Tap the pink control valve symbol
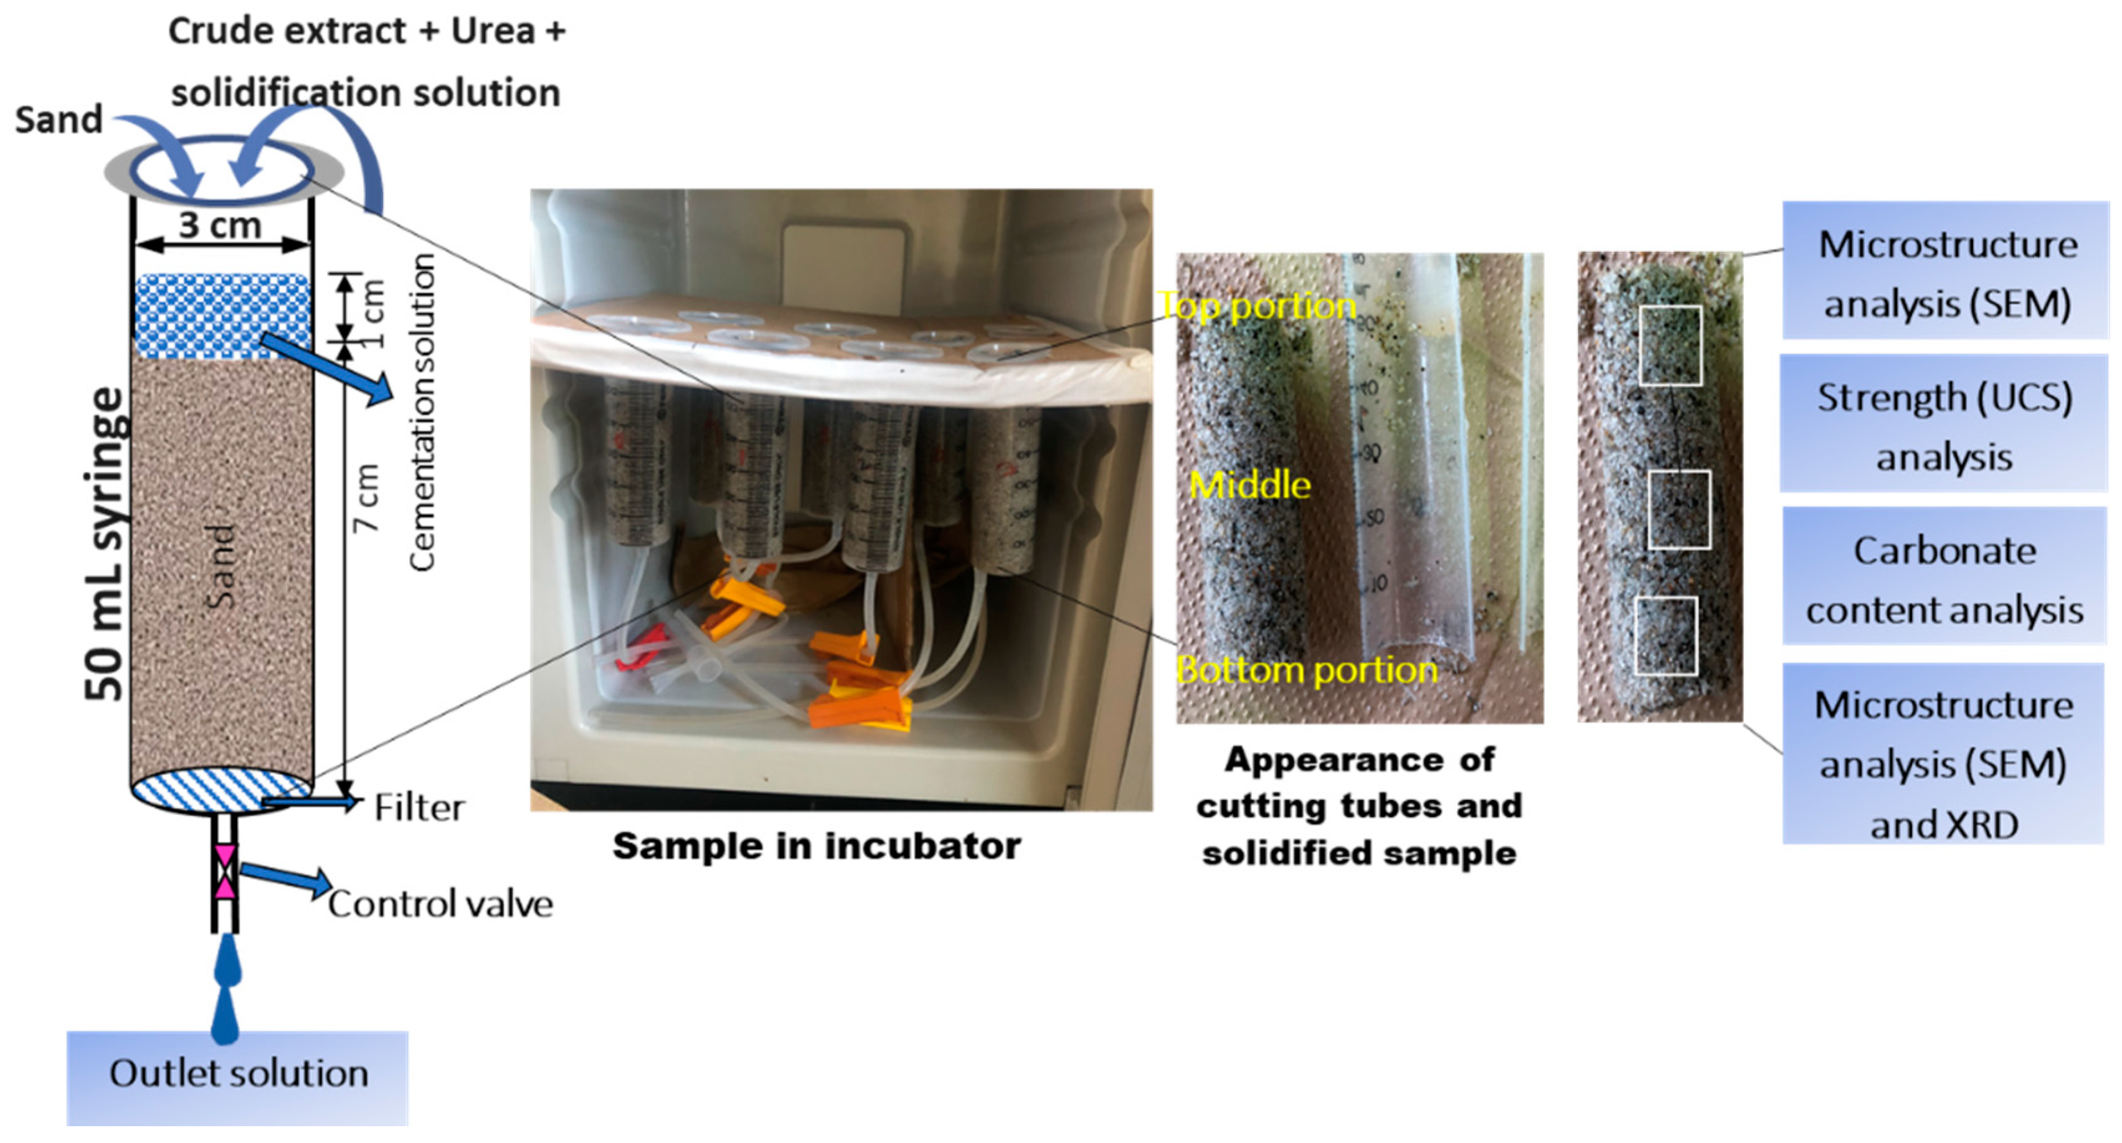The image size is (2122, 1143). pyautogui.click(x=225, y=870)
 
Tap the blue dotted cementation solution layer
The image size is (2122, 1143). pyautogui.click(x=222, y=316)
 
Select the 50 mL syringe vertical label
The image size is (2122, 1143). pyautogui.click(x=105, y=543)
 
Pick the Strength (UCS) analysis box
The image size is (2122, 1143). pyautogui.click(x=1944, y=425)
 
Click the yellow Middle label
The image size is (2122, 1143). pyautogui.click(x=1249, y=485)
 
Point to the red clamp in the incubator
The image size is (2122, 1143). pyautogui.click(x=639, y=646)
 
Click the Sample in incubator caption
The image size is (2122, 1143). pyautogui.click(x=817, y=845)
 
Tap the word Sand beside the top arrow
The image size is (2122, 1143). pyautogui.click(x=59, y=120)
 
